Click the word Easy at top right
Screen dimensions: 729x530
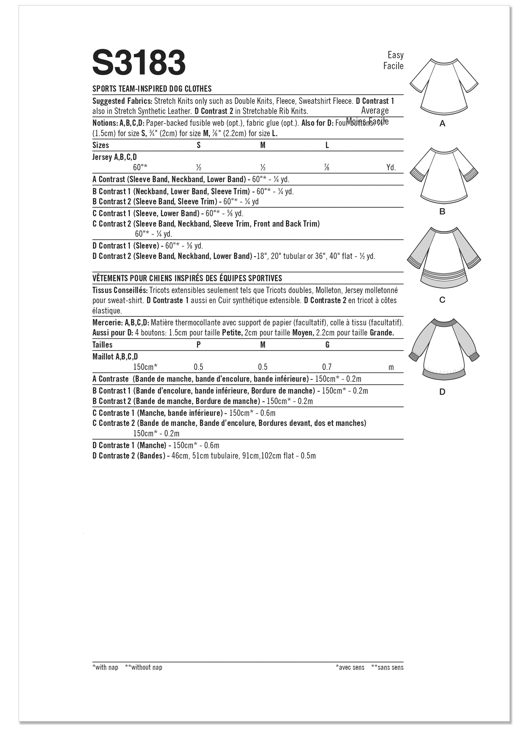pyautogui.click(x=395, y=55)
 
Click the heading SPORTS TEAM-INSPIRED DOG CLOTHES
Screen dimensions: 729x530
pyautogui.click(x=152, y=89)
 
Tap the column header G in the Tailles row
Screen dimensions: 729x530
pyautogui.click(x=327, y=345)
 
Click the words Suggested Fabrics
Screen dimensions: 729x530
pyautogui.click(x=122, y=101)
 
